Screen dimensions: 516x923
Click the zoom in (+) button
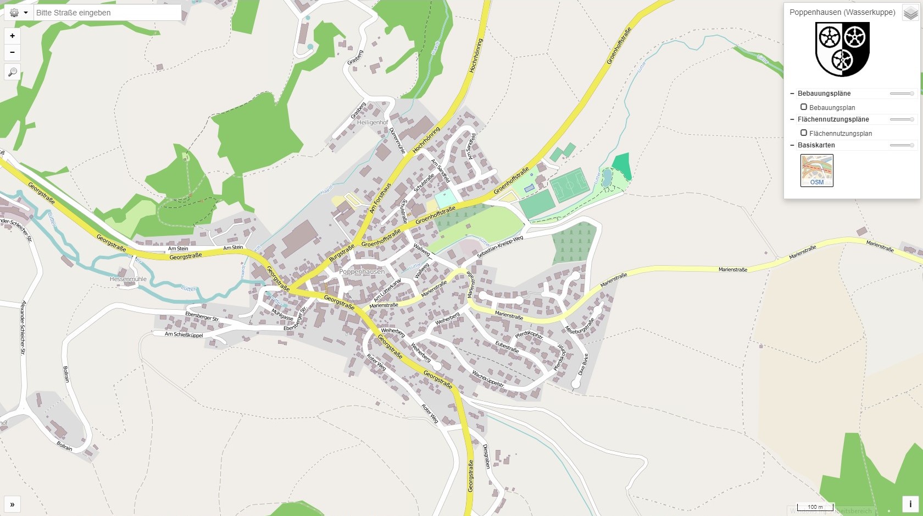(12, 36)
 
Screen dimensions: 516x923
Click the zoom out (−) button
(12, 52)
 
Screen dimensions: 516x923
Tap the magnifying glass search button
(12, 72)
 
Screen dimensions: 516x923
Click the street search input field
(107, 13)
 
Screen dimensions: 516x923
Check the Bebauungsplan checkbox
(804, 107)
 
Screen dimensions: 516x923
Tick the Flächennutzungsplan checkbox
(804, 133)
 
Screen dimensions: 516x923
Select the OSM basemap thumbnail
(816, 170)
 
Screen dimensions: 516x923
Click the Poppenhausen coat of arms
(842, 50)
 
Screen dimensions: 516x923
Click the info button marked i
(910, 504)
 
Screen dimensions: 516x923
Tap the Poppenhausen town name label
(362, 272)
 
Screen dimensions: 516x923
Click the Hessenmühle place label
(128, 279)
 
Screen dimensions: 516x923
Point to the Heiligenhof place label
(372, 123)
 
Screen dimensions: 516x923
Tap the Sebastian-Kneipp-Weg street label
(500, 247)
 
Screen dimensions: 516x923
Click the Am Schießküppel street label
(184, 334)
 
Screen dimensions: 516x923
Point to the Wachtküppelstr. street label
(488, 378)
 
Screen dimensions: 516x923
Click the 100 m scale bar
(815, 507)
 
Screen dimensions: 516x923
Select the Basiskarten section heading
(816, 145)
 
